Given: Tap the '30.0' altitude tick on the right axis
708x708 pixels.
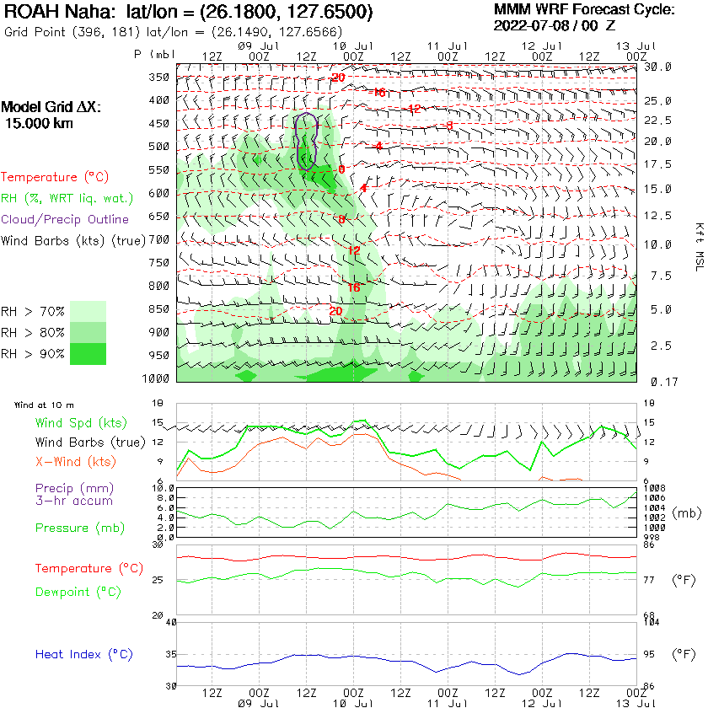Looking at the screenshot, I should point(657,67).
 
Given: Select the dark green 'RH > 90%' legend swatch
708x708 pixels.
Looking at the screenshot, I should point(88,353).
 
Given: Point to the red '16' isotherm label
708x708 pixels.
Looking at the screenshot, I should point(354,287).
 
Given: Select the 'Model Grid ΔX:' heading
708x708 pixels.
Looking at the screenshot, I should point(51,108).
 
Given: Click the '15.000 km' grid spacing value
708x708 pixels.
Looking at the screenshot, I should point(39,123).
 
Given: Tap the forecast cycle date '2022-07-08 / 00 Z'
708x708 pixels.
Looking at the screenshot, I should point(555,25).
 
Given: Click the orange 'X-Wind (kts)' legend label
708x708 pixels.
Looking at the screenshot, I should point(76,462).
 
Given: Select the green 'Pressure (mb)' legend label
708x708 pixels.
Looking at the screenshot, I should point(79,528).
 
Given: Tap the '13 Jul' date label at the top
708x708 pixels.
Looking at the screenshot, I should point(635,44).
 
